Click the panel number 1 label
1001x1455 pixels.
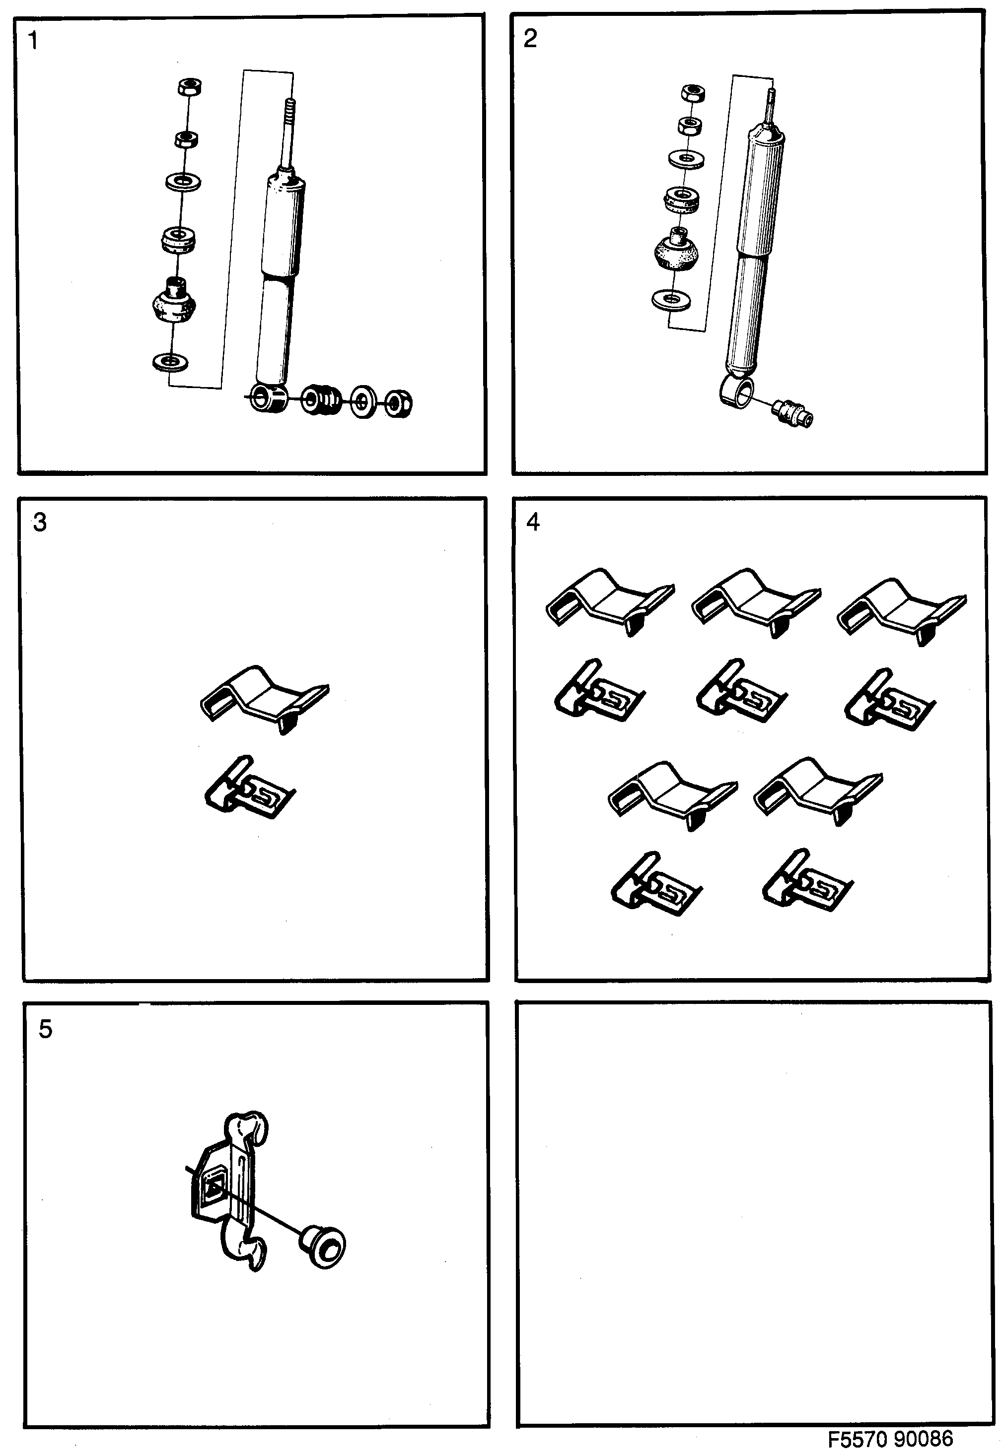point(33,41)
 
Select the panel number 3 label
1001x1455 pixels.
point(40,522)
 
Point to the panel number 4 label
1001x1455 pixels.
point(533,522)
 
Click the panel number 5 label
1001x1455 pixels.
point(45,1029)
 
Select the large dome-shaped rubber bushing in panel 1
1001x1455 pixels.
point(174,302)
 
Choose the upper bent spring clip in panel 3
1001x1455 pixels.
point(264,698)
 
